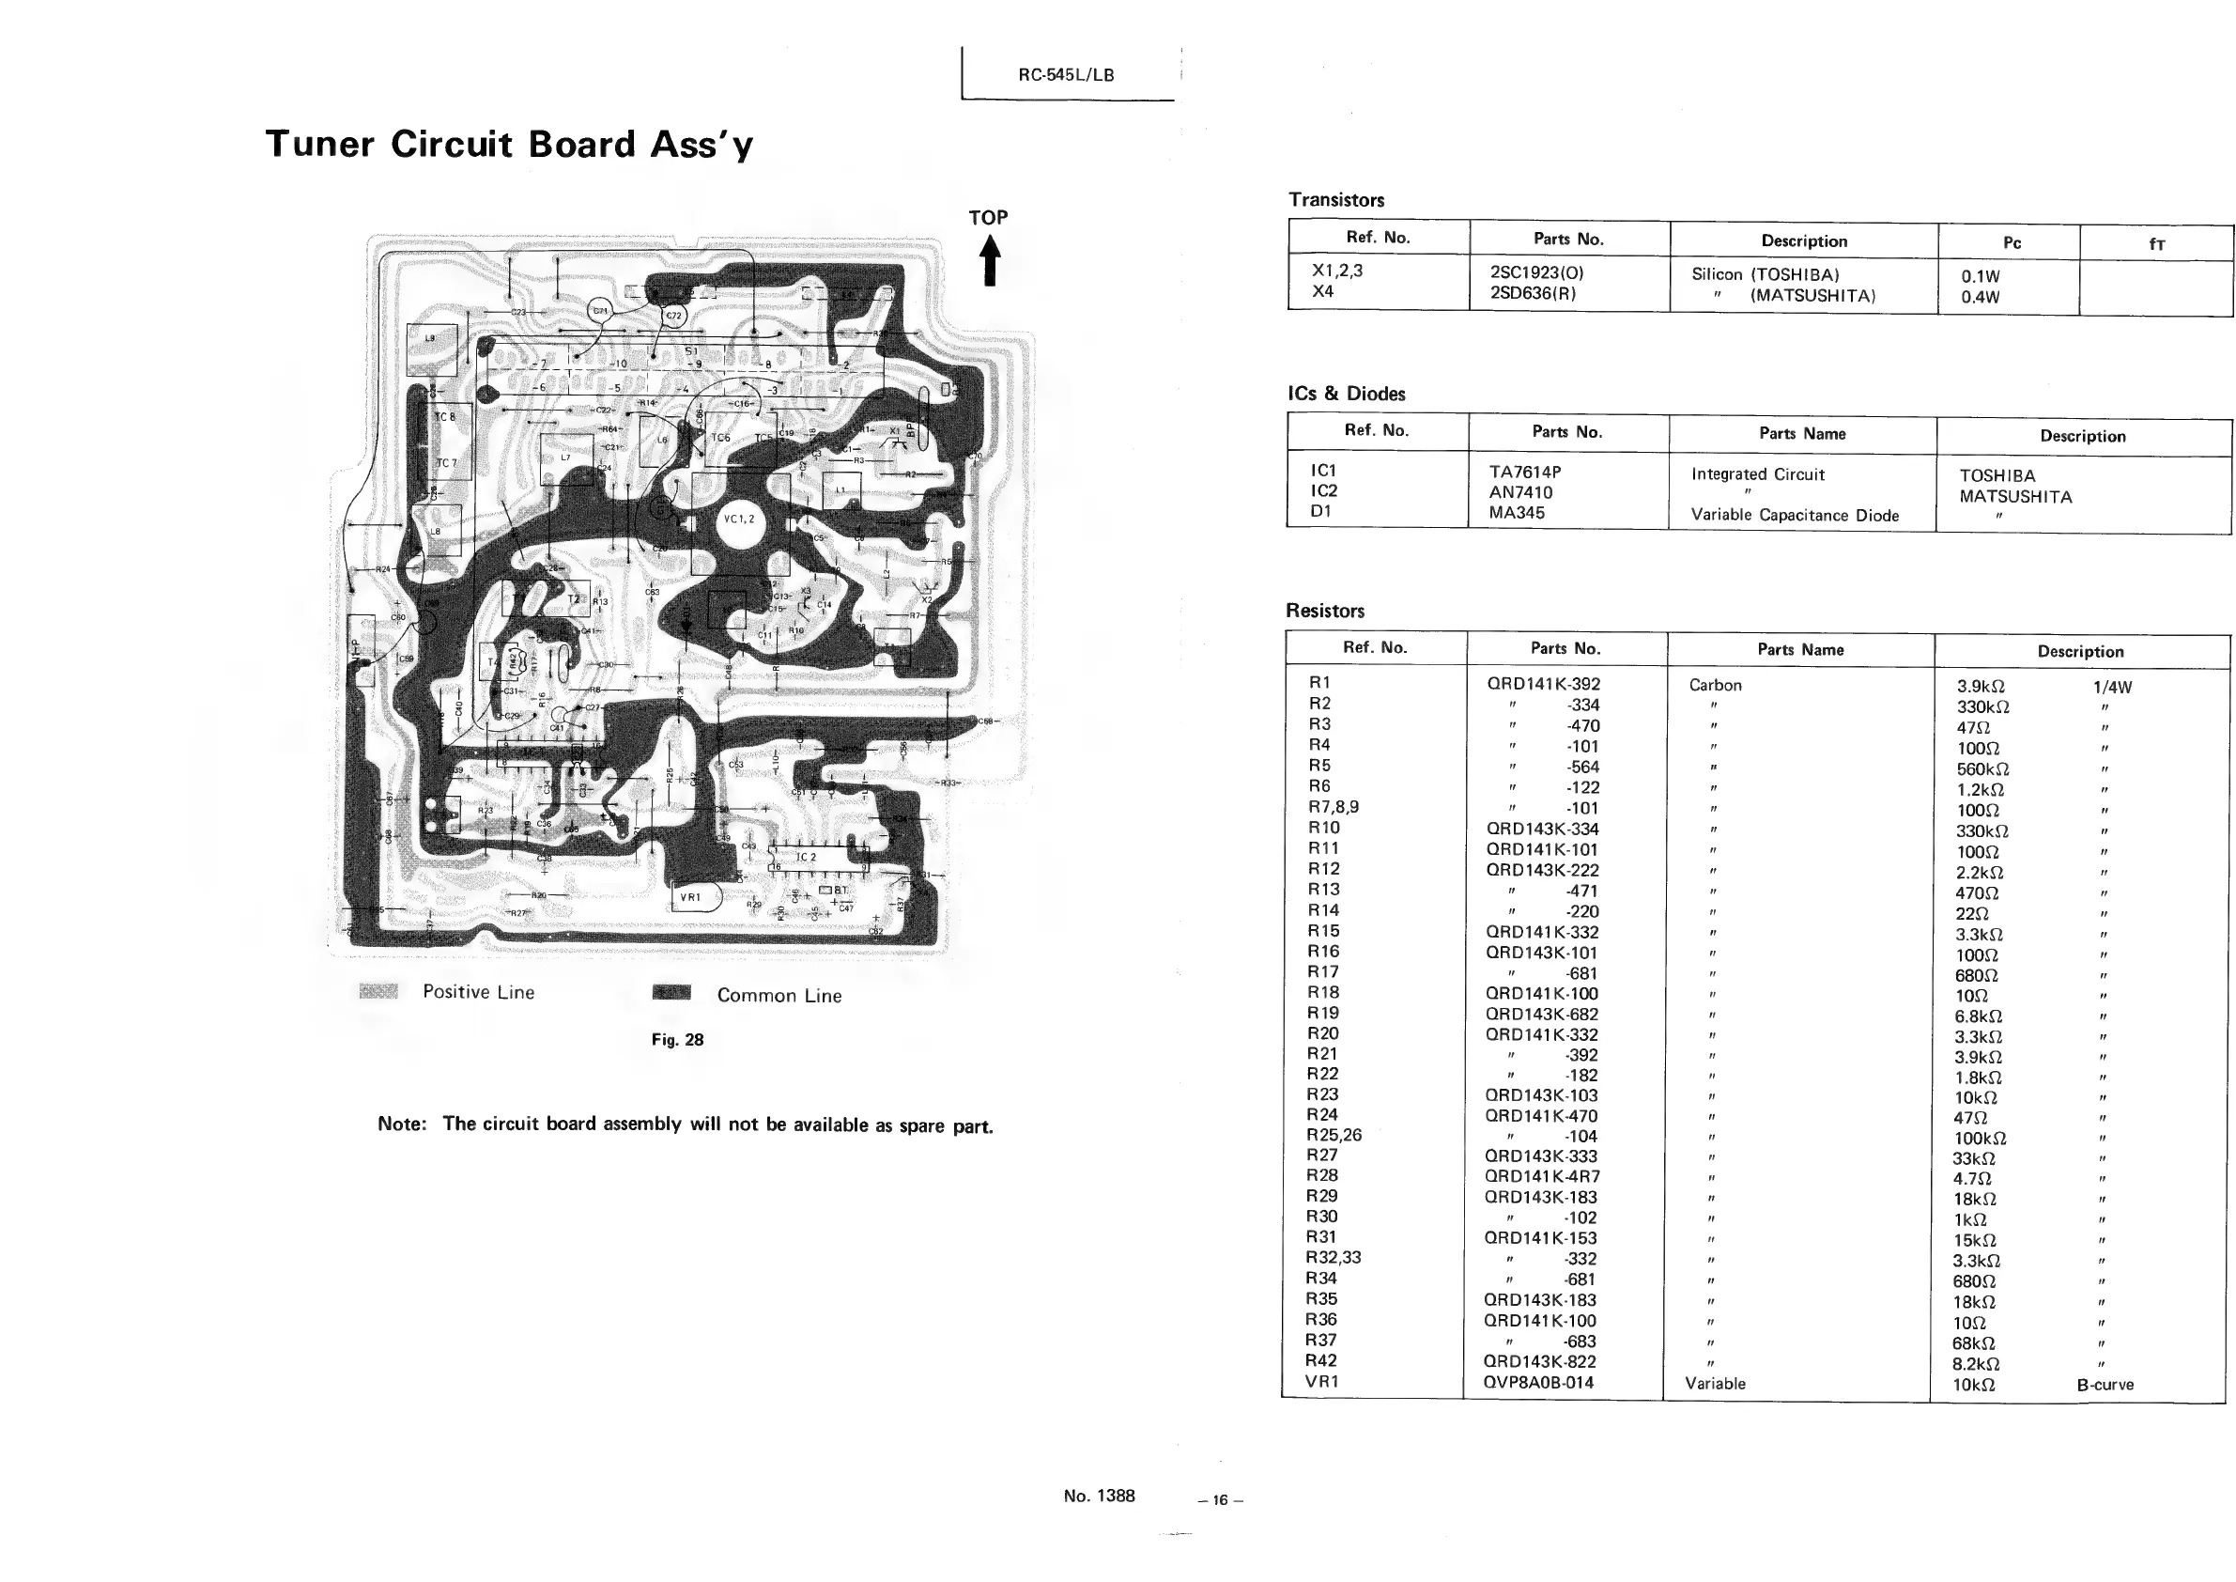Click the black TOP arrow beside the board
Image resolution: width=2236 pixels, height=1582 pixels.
990,261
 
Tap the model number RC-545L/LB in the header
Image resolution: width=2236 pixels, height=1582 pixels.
1066,75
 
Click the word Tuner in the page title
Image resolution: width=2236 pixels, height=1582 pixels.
319,144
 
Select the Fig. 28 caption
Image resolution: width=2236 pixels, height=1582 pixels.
677,1039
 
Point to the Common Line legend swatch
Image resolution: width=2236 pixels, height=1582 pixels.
671,993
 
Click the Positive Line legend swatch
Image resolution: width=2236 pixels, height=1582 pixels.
378,992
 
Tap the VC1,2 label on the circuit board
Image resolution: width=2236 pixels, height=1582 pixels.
739,520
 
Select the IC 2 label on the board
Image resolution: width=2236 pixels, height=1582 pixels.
806,858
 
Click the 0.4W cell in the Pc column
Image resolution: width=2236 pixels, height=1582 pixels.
1980,297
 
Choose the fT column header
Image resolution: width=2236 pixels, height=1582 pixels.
2156,243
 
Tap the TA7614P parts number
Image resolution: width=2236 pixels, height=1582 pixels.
1524,472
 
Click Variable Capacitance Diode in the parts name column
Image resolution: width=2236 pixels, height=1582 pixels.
1794,516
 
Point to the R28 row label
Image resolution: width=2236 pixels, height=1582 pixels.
1321,1175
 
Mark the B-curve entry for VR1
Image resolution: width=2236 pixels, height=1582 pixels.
2105,1385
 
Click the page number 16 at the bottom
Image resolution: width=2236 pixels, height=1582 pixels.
1220,1500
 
